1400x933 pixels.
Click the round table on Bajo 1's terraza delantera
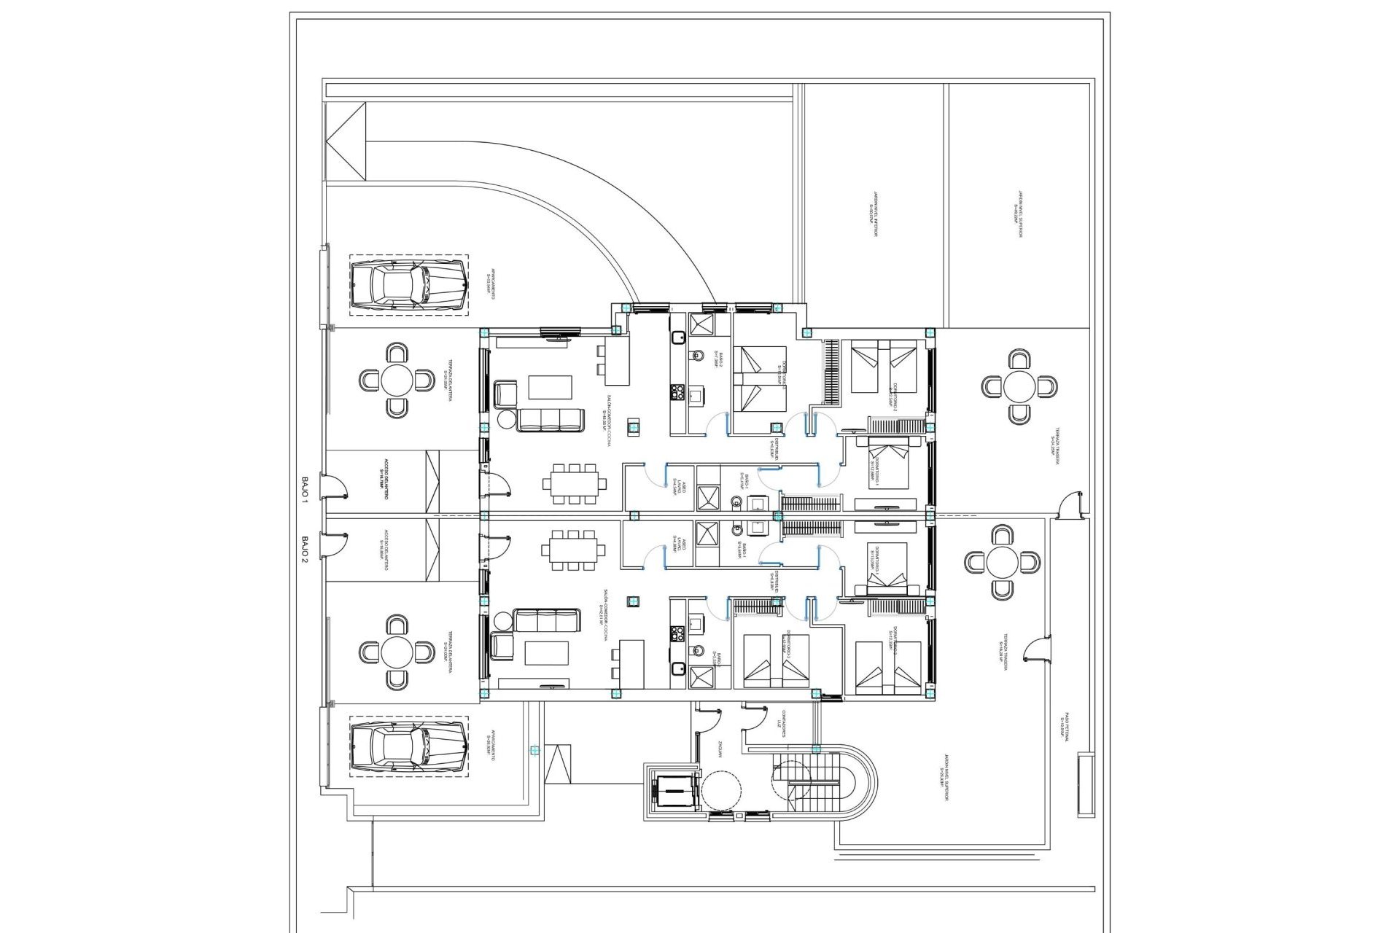pos(397,380)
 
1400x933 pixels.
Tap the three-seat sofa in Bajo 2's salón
pos(547,620)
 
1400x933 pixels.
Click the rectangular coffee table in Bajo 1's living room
pos(551,387)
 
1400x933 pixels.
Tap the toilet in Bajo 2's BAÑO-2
pos(697,650)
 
